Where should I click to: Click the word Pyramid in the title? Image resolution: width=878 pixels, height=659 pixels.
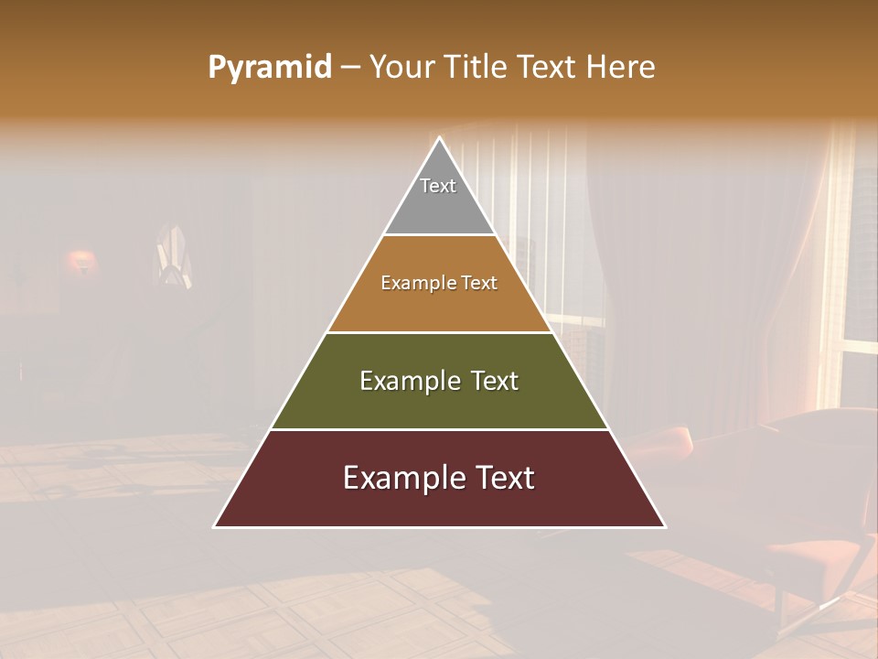269,68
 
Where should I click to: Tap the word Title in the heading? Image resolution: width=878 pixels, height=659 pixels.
476,68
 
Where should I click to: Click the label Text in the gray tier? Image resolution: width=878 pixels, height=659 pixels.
438,186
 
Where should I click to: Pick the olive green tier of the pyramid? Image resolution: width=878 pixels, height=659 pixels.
439,403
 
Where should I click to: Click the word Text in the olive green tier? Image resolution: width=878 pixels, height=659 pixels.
495,381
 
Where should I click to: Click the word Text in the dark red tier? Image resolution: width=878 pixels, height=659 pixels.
506,478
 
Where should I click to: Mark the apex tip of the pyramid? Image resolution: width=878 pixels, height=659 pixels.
440,138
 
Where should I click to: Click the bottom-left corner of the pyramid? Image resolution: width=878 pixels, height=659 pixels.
215,526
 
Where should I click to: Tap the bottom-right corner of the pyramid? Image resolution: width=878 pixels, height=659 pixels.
664,526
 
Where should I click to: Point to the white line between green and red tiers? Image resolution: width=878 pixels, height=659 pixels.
439,429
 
